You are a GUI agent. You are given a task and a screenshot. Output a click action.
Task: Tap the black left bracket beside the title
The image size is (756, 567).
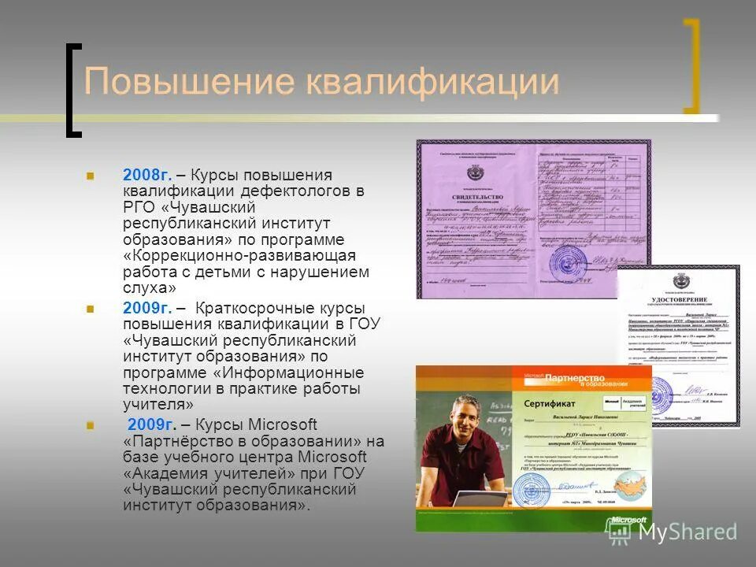(x=73, y=90)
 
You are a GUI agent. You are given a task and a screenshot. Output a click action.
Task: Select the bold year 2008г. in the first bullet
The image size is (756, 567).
(x=147, y=175)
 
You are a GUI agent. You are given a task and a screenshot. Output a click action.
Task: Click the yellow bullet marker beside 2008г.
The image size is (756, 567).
(x=91, y=175)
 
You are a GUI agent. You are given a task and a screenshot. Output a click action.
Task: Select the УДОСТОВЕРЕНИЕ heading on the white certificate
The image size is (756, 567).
(x=679, y=300)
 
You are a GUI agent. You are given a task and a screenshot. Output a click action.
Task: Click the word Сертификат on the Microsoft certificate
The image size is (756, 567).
(x=548, y=402)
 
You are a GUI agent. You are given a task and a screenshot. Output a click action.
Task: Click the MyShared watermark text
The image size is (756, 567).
(x=687, y=532)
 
